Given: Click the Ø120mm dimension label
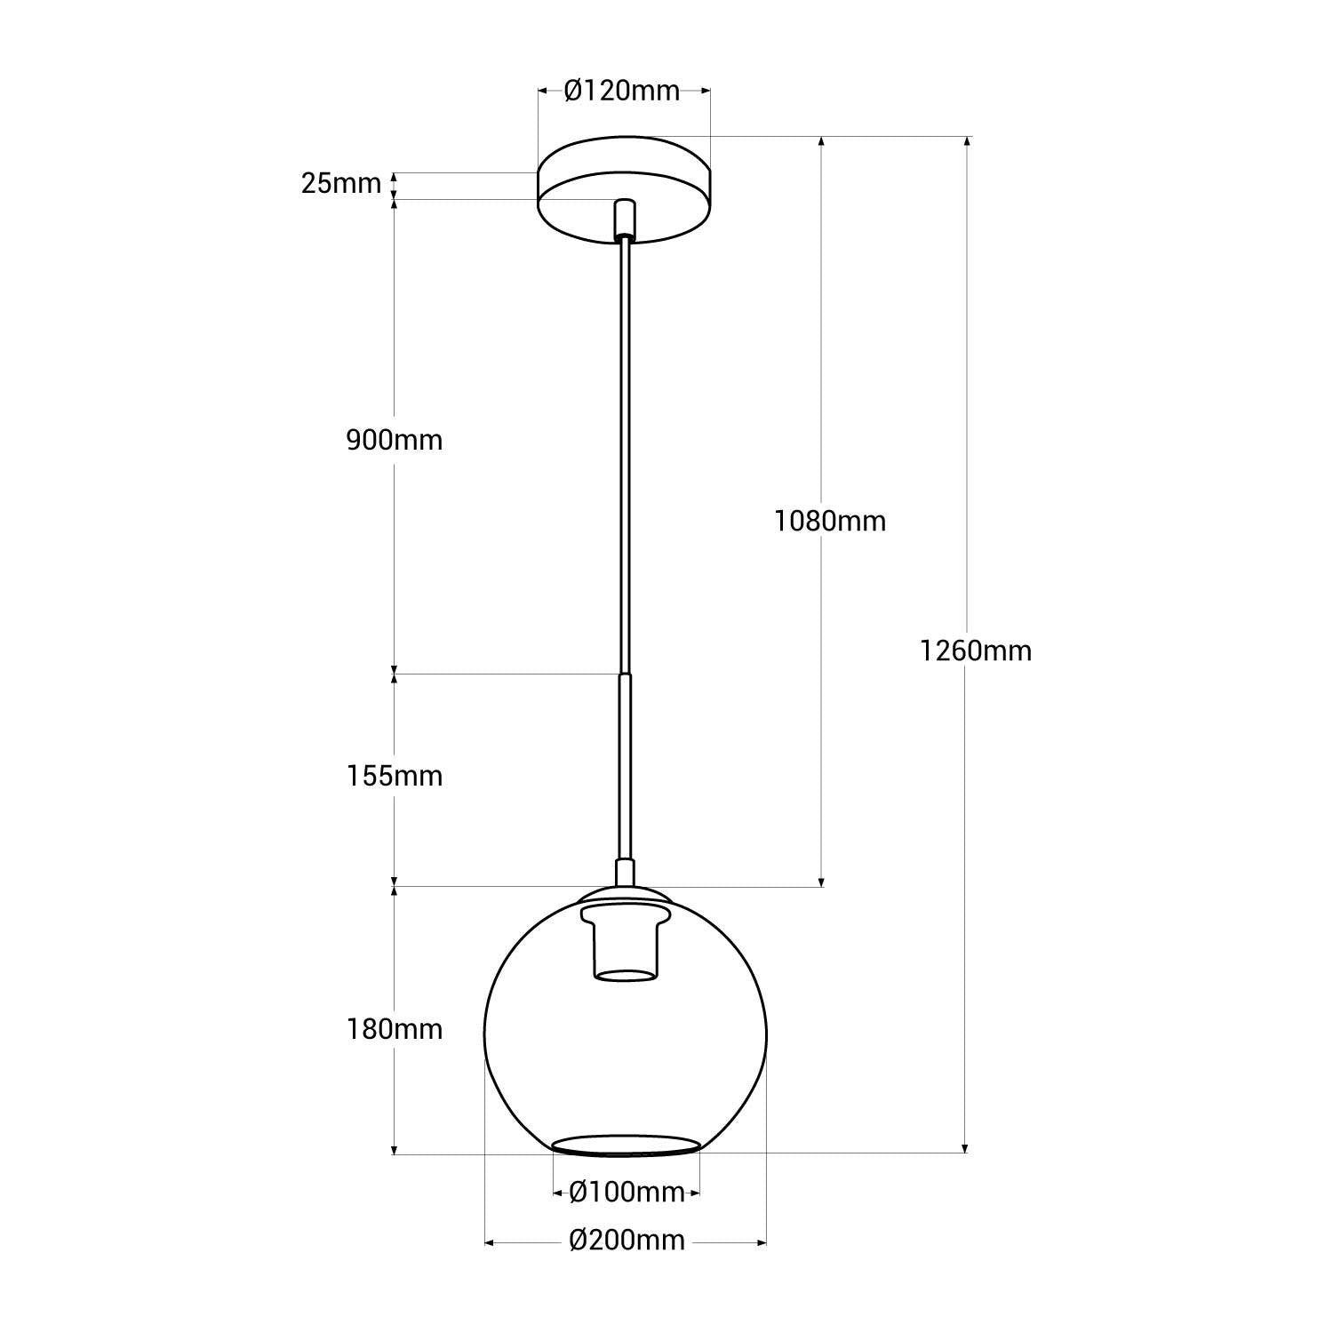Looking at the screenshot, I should (622, 91).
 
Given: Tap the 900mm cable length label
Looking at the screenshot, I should (394, 440).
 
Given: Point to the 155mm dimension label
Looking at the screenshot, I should (394, 776).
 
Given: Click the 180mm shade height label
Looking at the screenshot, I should (394, 1029).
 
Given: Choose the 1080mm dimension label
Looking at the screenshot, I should (829, 521).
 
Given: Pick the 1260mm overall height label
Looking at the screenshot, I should (975, 651).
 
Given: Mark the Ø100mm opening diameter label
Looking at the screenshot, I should (627, 1192).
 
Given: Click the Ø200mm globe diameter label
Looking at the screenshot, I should (627, 1240).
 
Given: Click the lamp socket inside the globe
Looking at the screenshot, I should (625, 946).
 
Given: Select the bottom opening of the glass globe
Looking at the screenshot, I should (624, 1145).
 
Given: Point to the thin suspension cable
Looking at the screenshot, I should (625, 444).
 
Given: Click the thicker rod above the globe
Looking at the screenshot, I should (626, 764).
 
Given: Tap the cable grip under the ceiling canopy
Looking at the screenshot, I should (625, 218).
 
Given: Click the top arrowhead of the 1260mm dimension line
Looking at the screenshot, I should (966, 143).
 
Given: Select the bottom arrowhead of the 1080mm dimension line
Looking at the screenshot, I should (821, 880).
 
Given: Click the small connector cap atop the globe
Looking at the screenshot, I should (626, 872).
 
